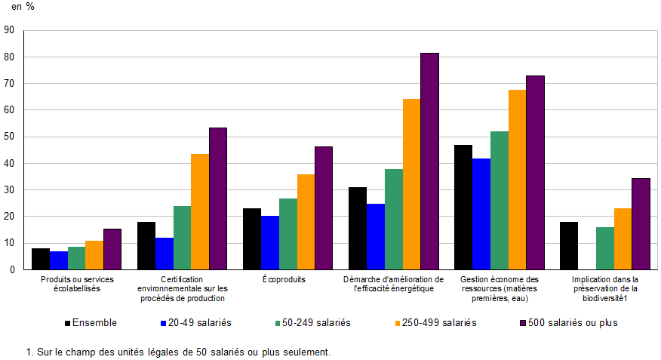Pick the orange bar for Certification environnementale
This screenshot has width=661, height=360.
click(x=200, y=211)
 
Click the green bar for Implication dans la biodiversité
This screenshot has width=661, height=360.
click(x=605, y=248)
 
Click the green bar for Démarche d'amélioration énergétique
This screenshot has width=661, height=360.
click(x=394, y=219)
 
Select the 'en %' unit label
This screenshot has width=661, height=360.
click(x=23, y=7)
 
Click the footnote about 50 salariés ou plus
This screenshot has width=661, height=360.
click(x=178, y=352)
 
